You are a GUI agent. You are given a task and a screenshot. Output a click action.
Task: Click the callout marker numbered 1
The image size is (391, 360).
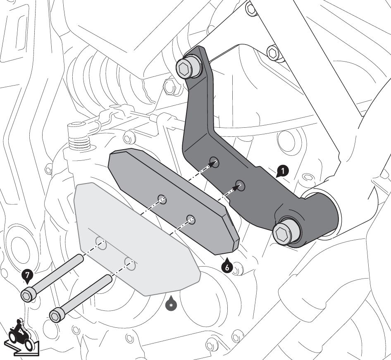click(x=282, y=170)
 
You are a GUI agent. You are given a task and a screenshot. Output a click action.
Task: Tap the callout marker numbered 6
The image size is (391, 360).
click(x=226, y=267)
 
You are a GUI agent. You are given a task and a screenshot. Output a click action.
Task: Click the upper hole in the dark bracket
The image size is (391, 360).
click(x=214, y=162)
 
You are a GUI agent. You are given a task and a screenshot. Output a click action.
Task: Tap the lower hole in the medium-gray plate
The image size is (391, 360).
click(x=191, y=219)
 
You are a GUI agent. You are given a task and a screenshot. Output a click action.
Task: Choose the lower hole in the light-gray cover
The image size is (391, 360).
click(x=130, y=263)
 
